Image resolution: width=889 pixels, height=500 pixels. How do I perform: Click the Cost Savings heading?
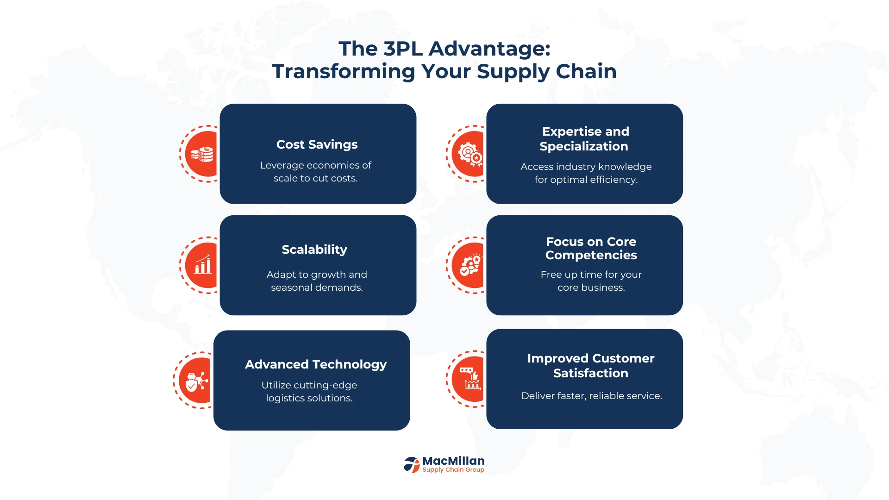[317, 145]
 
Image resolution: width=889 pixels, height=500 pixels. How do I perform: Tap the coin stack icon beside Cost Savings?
[202, 154]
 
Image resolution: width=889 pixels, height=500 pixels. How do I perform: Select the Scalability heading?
[314, 250]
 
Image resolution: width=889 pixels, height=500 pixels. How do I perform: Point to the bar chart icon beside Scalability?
[203, 264]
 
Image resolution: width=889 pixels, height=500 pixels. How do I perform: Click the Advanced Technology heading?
[316, 365]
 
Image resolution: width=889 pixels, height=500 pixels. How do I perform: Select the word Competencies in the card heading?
[591, 256]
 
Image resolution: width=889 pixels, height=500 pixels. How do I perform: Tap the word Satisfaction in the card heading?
[591, 373]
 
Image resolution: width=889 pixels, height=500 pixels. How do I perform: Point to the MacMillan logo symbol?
[411, 464]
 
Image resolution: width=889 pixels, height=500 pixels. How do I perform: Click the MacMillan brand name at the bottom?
[453, 461]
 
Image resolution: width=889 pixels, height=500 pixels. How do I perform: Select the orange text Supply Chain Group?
[453, 470]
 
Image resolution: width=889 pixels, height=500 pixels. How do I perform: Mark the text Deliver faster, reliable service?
[591, 396]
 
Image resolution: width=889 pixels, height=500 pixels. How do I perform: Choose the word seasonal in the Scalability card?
[291, 288]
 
